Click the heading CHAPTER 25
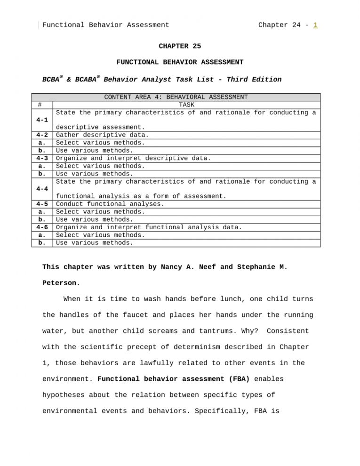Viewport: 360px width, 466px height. coord(180,46)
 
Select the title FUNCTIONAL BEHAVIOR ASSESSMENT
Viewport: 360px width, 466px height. coord(180,62)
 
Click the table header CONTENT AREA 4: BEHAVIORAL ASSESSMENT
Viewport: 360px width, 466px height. coord(176,97)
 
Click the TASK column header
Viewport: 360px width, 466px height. coord(186,105)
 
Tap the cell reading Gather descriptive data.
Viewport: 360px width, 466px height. coord(102,135)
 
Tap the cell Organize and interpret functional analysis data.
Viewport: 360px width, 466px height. coord(149,227)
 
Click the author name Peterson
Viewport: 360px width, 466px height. coord(61,284)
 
